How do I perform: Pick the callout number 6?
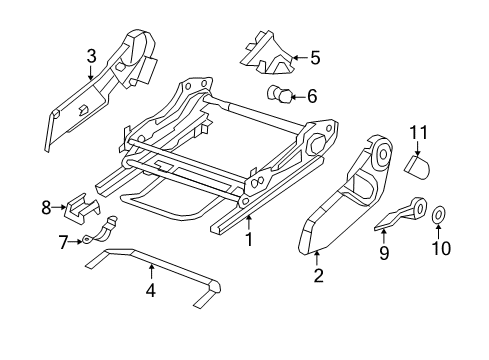pos(312,97)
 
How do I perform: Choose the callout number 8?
pos(45,207)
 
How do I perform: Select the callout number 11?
pos(419,132)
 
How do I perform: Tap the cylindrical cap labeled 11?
pos(418,163)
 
